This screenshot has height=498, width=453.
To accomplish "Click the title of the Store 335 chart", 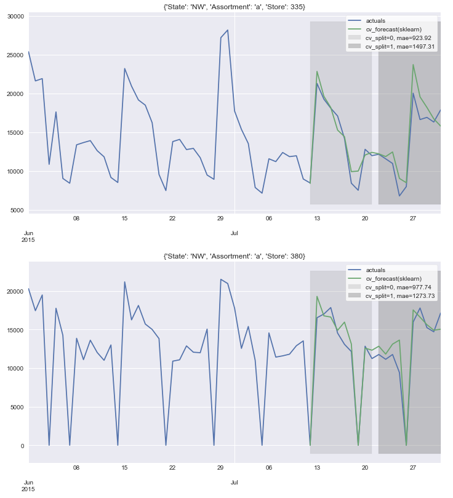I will (x=234, y=7).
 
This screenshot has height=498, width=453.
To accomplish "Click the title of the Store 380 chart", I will (x=234, y=255).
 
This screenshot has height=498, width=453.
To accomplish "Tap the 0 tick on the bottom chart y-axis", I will (x=22, y=446).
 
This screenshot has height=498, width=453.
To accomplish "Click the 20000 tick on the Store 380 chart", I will (x=14, y=291).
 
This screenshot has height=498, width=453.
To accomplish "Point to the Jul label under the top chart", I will (x=235, y=233).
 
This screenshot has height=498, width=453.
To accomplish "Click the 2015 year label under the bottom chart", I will (x=28, y=489).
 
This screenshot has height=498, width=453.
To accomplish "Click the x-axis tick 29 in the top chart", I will (x=220, y=218).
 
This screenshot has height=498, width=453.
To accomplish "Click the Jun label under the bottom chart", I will (x=28, y=483).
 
